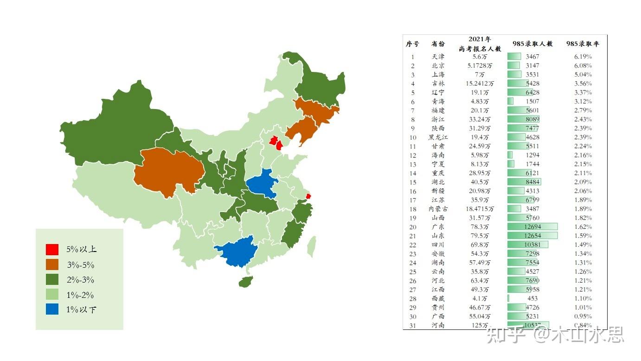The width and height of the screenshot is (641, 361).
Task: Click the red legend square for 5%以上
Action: [52, 250]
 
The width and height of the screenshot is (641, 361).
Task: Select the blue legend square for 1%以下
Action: [52, 309]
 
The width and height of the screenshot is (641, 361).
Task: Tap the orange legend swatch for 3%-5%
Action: [52, 265]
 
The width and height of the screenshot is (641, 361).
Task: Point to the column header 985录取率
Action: [583, 44]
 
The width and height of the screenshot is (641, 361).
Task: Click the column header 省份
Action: [438, 44]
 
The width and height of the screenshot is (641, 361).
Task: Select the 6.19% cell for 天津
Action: [583, 57]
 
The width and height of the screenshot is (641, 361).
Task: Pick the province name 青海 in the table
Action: [438, 102]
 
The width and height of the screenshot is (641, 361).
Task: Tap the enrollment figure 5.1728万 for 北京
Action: [480, 65]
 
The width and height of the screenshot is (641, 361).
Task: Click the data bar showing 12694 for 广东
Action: [532, 227]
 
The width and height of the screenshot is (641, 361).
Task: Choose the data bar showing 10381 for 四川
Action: [528, 245]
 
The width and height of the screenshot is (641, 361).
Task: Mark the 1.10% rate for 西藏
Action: [583, 298]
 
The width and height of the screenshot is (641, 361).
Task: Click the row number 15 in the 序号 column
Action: [412, 182]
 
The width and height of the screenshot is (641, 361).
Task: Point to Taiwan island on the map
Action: [312, 246]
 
